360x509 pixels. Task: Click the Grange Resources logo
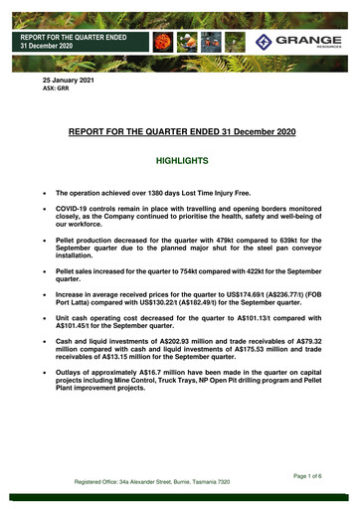pos(295,42)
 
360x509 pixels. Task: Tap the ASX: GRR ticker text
pos(58,87)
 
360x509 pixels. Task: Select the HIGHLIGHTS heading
pos(180,159)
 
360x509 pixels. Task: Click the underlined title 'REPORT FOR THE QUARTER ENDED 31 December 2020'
pos(180,129)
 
